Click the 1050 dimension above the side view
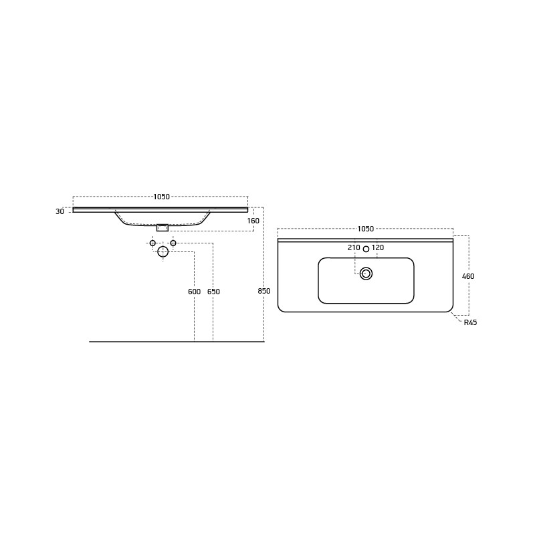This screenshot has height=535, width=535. [161, 197]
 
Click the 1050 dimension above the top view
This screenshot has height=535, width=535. [366, 229]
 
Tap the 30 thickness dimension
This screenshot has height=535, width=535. [60, 211]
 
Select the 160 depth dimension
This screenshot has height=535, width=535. [253, 221]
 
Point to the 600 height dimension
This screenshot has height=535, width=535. [194, 292]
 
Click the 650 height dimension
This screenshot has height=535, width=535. [213, 292]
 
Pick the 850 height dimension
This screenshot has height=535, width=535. [264, 291]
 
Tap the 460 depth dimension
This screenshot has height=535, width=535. [468, 276]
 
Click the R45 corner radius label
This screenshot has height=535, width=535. [471, 322]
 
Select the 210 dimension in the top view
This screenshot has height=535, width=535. [354, 247]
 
